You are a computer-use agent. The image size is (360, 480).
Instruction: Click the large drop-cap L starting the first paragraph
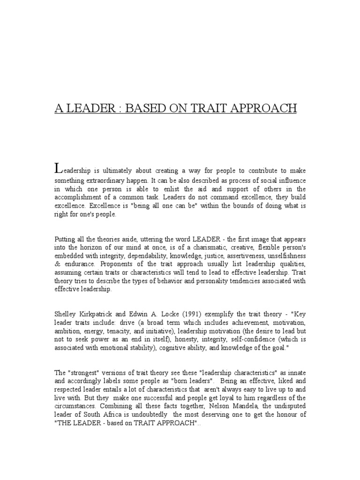point(58,168)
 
